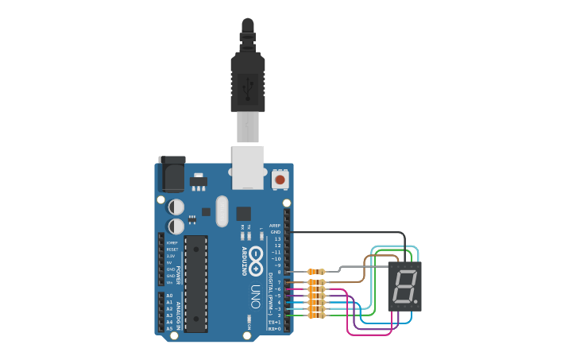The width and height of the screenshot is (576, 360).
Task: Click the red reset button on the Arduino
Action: [x=280, y=180]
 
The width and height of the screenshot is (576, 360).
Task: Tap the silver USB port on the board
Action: [x=248, y=167]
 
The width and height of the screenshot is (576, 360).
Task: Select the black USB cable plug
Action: [x=247, y=79]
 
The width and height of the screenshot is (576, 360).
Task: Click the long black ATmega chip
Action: [x=195, y=282]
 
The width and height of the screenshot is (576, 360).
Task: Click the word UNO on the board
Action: [x=256, y=292]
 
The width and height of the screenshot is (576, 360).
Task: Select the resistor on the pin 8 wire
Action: [x=316, y=273]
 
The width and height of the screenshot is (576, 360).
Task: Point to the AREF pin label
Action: [x=275, y=225]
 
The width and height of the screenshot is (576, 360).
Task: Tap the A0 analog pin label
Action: [x=169, y=296]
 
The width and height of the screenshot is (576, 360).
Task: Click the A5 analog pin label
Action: [x=169, y=328]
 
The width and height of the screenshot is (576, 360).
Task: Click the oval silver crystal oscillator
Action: [x=221, y=211]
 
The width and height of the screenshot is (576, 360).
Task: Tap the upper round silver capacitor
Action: [x=176, y=207]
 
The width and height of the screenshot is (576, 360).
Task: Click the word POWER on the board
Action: [x=180, y=275]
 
